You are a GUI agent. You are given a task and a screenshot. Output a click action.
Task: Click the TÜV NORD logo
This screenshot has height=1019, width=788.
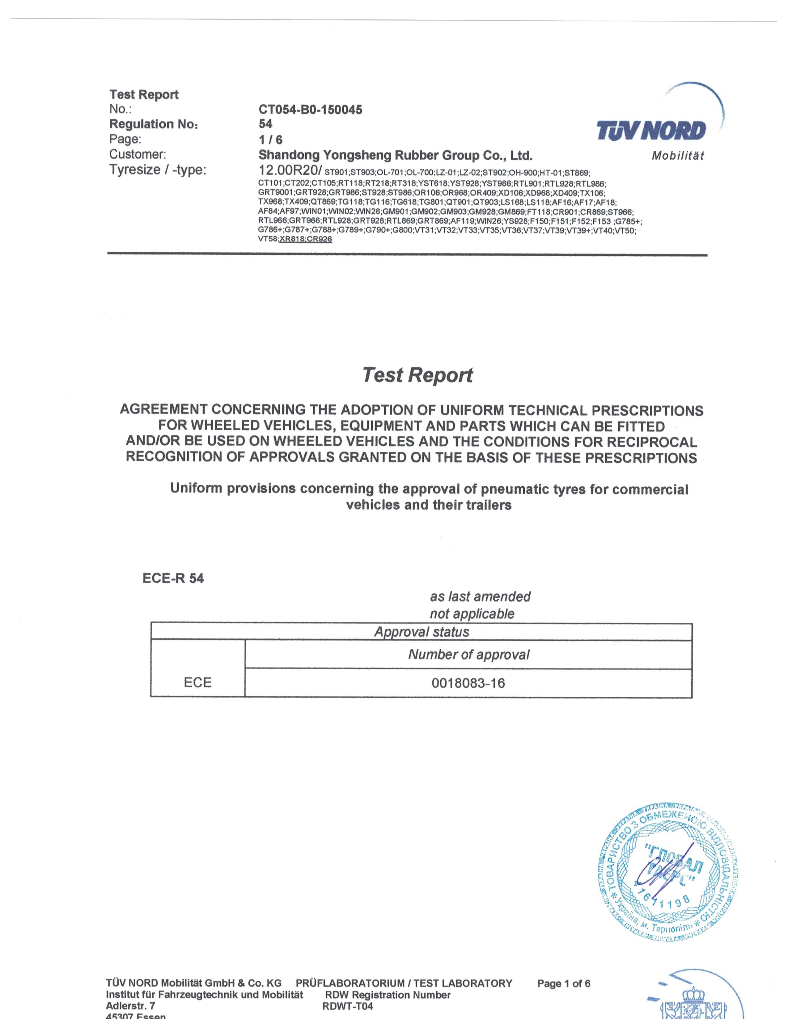(651, 130)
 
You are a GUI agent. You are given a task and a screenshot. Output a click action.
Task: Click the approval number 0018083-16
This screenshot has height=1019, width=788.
(468, 683)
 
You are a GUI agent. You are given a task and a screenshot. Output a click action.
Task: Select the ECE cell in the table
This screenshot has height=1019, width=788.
(197, 683)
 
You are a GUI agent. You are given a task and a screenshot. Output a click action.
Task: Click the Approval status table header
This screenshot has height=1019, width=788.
(421, 632)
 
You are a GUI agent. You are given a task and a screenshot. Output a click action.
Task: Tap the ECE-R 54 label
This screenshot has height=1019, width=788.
(173, 579)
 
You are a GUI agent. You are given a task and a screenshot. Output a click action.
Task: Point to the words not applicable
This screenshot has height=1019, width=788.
(472, 614)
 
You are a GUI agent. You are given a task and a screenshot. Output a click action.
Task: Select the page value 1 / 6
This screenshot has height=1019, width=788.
(270, 140)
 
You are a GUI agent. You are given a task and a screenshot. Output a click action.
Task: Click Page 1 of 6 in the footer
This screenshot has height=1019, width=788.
(563, 983)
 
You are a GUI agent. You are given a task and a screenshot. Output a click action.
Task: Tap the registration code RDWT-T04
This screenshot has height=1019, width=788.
(347, 1006)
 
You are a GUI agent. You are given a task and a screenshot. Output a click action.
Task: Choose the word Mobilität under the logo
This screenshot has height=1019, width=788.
(678, 156)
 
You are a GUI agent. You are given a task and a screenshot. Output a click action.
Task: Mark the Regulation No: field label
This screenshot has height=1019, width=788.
(154, 124)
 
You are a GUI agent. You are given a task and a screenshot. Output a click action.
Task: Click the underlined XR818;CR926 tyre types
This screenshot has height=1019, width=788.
(305, 239)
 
